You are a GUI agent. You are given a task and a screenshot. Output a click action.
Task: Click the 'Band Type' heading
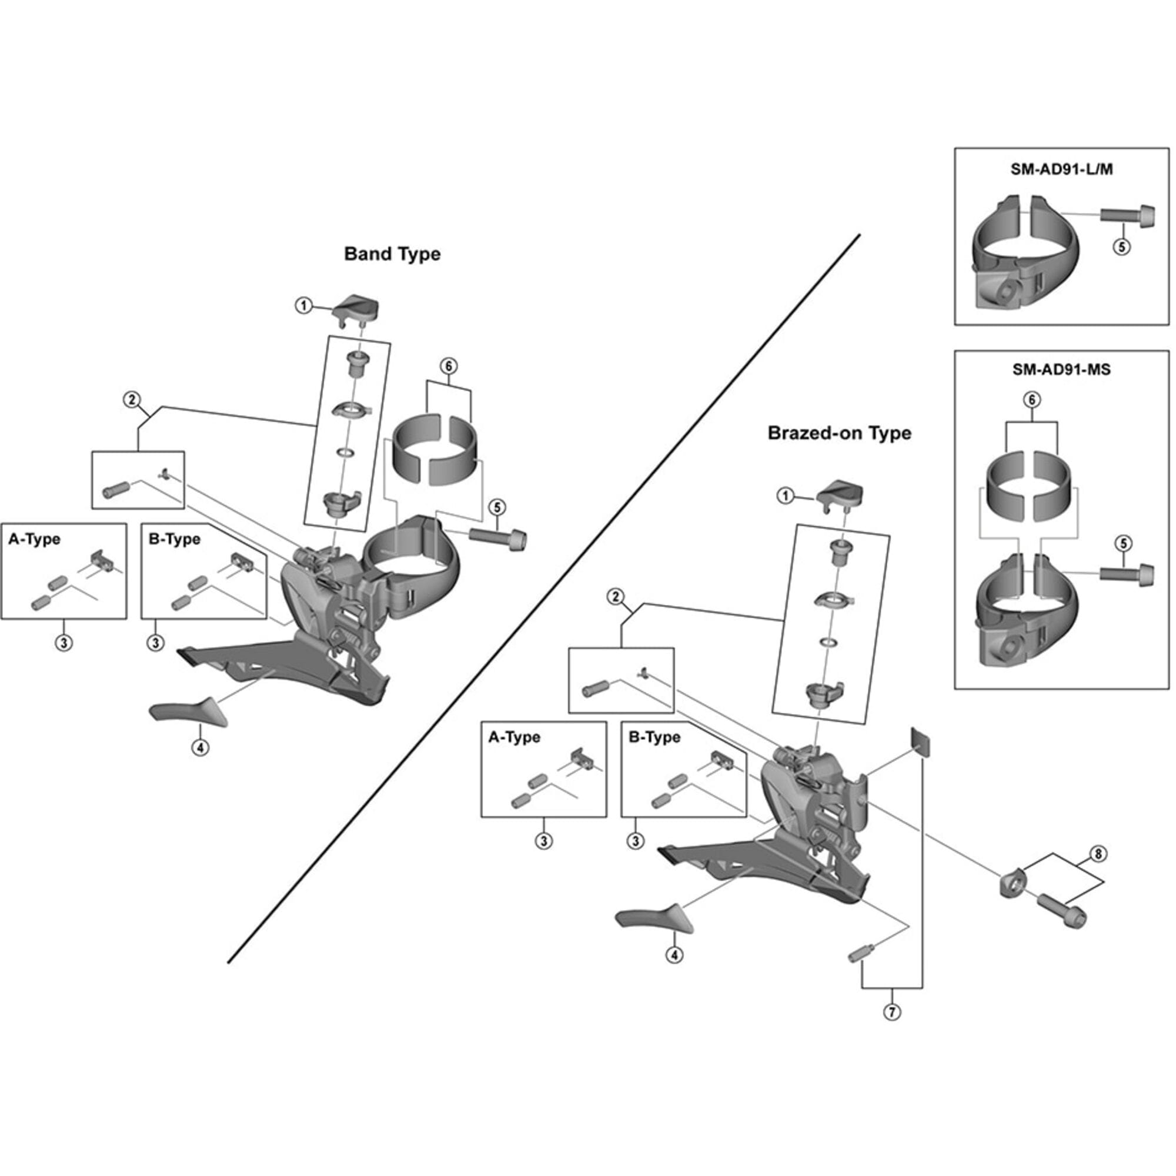(392, 254)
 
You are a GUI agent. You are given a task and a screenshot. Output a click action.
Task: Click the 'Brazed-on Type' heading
(840, 433)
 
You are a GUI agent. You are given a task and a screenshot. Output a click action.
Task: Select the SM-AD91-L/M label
(1061, 170)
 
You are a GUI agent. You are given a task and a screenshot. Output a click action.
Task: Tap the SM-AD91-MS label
(1061, 369)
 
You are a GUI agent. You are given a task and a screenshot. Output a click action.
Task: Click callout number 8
(1098, 854)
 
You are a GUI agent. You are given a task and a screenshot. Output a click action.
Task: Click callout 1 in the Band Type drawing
(303, 306)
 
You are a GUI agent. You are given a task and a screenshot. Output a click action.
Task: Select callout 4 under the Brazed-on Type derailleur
(674, 955)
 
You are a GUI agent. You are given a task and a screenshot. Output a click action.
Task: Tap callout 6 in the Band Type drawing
(449, 366)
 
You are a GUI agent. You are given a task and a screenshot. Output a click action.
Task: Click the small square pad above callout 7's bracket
(921, 742)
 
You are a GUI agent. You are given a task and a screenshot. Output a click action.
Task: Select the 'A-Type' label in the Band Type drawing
(34, 539)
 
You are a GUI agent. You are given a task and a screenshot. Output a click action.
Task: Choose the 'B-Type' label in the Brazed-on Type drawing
(654, 737)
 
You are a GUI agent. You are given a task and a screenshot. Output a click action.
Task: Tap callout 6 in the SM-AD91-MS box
(1032, 400)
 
